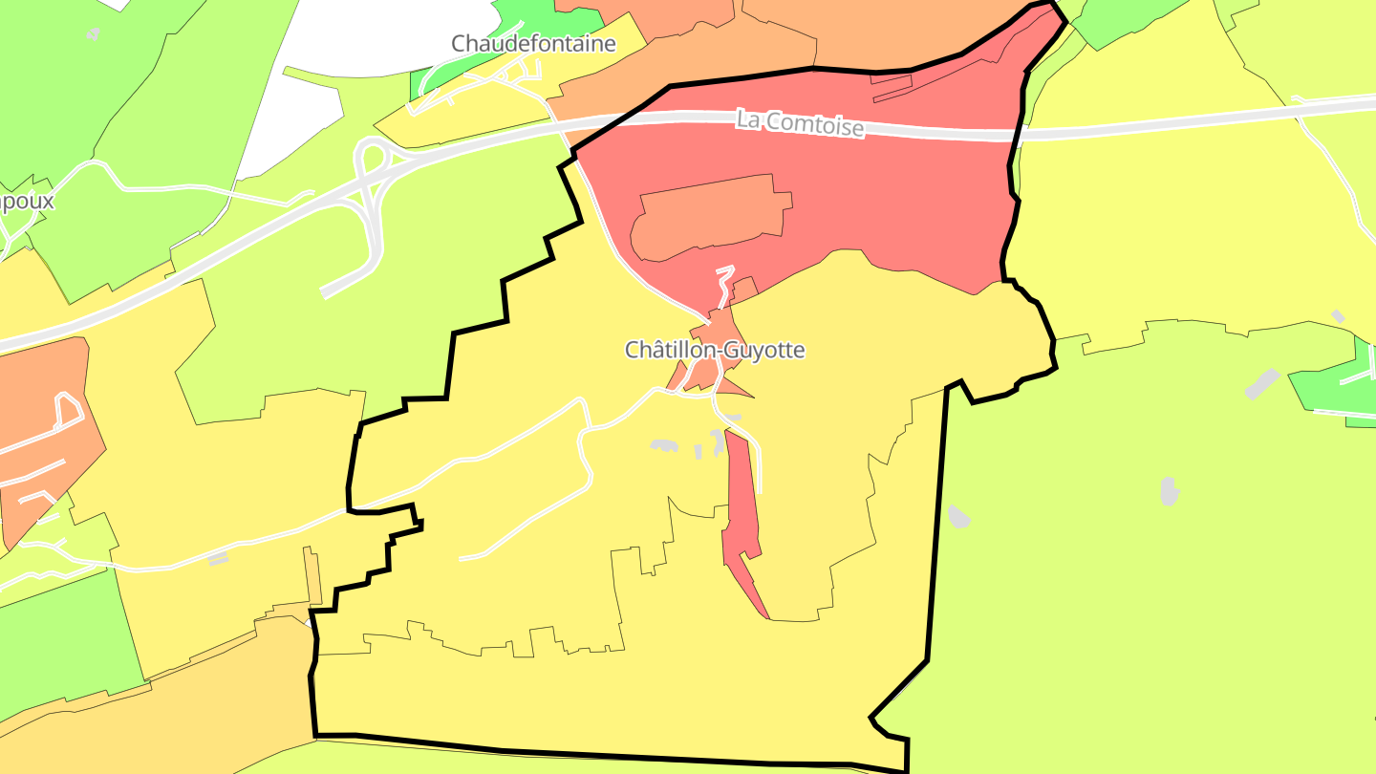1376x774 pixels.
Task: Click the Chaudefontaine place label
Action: (x=533, y=43)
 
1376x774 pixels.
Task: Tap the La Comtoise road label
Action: (x=800, y=123)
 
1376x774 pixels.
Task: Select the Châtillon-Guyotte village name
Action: (x=715, y=351)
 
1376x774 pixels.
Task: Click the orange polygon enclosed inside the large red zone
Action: (x=712, y=214)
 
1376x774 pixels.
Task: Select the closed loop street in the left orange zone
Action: (x=68, y=410)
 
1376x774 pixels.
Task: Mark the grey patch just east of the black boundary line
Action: (x=958, y=516)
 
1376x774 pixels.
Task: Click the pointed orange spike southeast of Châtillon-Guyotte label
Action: (x=736, y=387)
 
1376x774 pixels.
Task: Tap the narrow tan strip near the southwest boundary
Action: (x=312, y=573)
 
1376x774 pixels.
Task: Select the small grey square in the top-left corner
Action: (x=93, y=33)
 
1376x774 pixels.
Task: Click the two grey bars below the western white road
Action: (x=219, y=558)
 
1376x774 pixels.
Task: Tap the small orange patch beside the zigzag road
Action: (x=744, y=288)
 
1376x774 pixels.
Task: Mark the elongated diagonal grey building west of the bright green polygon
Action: (x=1262, y=384)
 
